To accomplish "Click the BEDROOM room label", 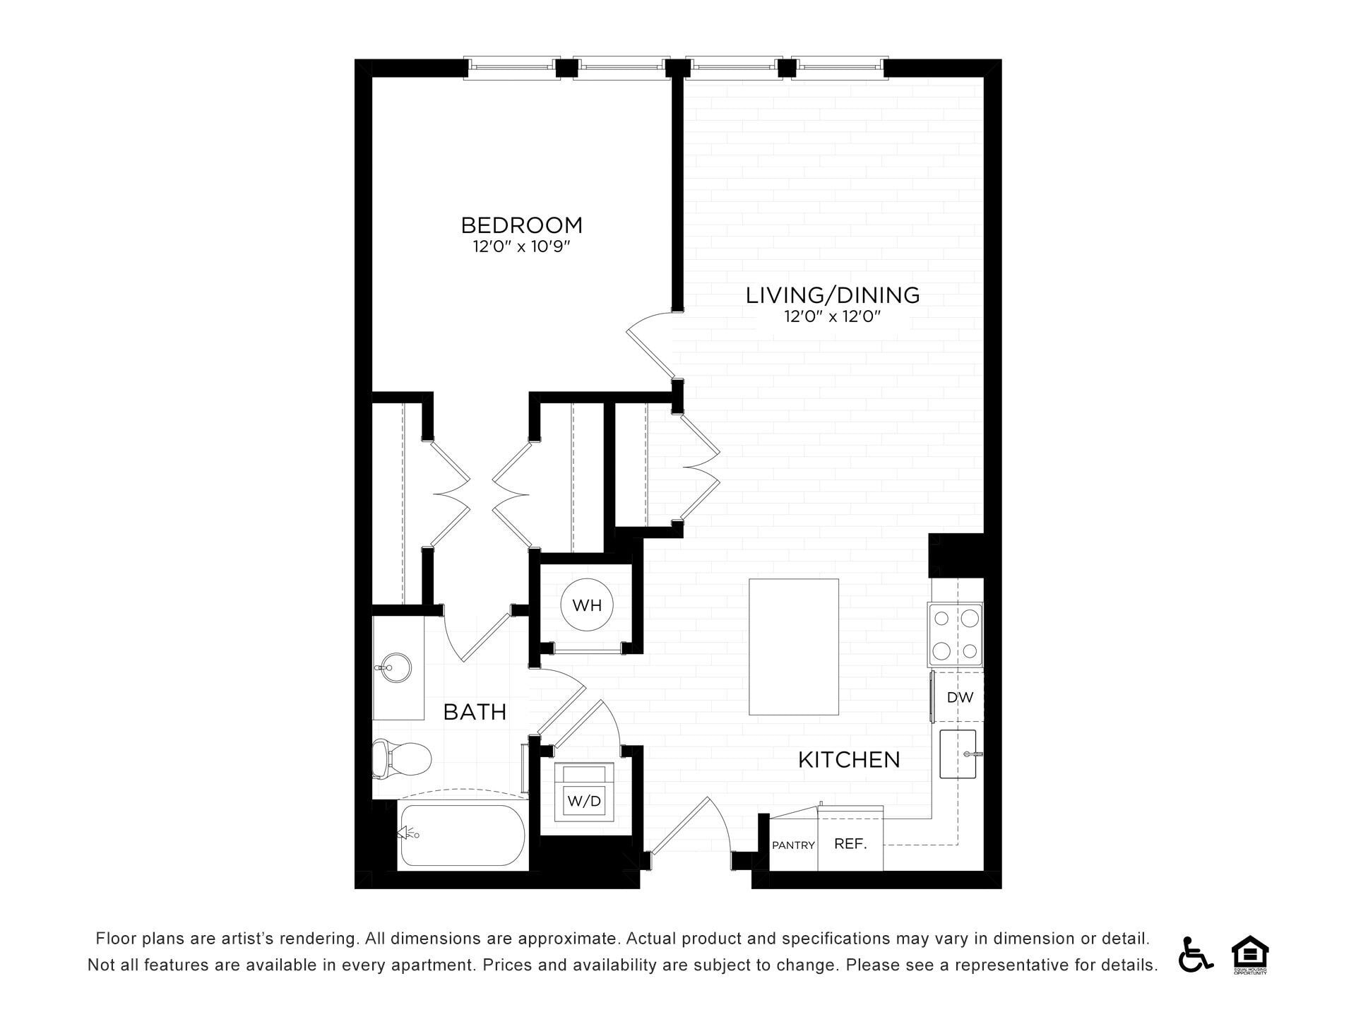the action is tap(522, 225).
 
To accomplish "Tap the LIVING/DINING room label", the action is tap(833, 295).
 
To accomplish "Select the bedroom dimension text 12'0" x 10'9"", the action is tap(521, 247).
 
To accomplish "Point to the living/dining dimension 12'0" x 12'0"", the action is tap(833, 316).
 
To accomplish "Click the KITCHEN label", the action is tap(849, 760).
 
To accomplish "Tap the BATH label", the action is tap(475, 712).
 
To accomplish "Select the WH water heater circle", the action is tap(587, 605).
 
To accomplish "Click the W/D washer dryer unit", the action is tap(584, 792).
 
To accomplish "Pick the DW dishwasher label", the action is tap(960, 697).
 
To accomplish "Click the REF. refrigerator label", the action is tap(850, 843).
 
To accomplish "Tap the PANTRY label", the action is tap(793, 845).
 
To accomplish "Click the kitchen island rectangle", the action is tap(794, 647).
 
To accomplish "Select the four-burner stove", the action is tap(956, 635).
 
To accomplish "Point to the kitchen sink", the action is tap(958, 754).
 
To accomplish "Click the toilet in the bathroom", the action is tap(401, 759).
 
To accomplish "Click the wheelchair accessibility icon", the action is tap(1195, 954).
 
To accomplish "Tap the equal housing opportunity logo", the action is tap(1250, 955).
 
